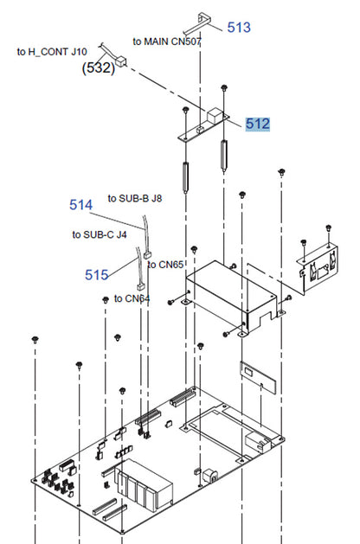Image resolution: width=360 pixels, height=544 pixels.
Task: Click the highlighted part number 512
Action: click(x=257, y=124)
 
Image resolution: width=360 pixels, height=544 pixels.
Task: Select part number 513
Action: click(x=239, y=27)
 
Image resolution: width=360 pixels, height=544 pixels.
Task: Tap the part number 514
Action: click(x=80, y=205)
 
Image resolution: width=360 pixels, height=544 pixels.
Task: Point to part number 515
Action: click(x=97, y=275)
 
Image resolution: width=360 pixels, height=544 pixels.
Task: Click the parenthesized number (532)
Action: click(x=99, y=67)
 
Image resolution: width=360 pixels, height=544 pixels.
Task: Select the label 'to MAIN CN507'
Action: click(x=167, y=42)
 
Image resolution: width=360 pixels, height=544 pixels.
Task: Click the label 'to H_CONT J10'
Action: click(x=52, y=52)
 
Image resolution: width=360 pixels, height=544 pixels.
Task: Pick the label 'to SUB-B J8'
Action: click(x=135, y=198)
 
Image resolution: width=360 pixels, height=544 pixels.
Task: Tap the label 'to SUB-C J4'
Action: click(x=100, y=235)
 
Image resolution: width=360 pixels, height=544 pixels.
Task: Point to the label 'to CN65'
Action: click(x=165, y=265)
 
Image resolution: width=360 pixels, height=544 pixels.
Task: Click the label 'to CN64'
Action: click(x=132, y=298)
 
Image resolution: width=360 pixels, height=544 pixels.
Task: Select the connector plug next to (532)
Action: click(x=121, y=62)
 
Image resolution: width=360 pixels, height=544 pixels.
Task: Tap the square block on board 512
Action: click(x=215, y=115)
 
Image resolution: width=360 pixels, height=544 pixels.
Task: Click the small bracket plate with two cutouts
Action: click(x=318, y=268)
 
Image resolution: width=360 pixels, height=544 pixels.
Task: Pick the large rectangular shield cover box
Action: click(x=232, y=298)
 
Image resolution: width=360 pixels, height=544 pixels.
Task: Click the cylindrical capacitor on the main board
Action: click(x=210, y=475)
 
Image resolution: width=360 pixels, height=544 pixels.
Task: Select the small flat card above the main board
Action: click(x=258, y=378)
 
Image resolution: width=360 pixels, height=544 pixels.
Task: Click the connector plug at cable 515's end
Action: click(x=141, y=286)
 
